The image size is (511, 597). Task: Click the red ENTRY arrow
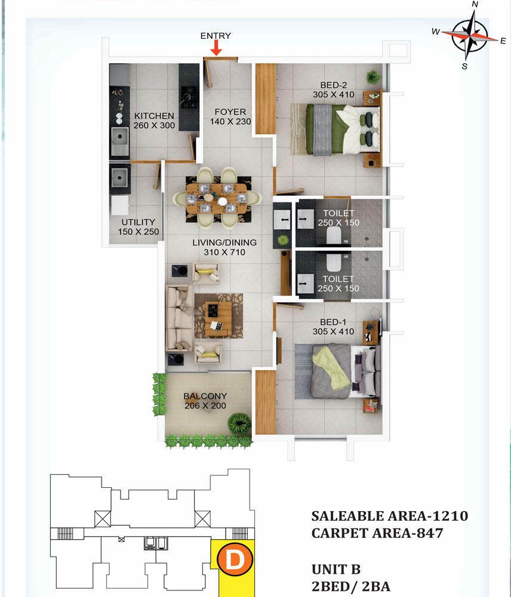(x=216, y=48)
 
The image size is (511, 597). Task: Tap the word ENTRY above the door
(x=216, y=36)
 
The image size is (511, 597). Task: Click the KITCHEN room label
(x=154, y=116)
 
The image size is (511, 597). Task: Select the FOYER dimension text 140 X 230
(x=230, y=122)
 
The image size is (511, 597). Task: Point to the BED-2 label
(x=334, y=85)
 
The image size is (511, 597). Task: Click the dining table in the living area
(x=217, y=198)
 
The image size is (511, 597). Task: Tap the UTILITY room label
(x=138, y=222)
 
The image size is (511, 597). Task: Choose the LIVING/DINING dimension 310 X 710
(x=224, y=252)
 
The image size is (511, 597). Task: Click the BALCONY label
(x=205, y=396)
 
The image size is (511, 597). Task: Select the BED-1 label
(x=333, y=322)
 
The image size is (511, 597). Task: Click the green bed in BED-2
(x=343, y=130)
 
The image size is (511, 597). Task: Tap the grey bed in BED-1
(x=337, y=371)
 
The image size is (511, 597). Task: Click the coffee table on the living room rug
(x=218, y=319)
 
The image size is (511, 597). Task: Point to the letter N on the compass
(x=475, y=4)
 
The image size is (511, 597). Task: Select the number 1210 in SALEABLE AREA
(x=451, y=516)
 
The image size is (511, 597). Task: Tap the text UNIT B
(x=336, y=569)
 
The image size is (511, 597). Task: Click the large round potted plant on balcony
(x=239, y=423)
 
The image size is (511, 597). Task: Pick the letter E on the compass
(x=503, y=41)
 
